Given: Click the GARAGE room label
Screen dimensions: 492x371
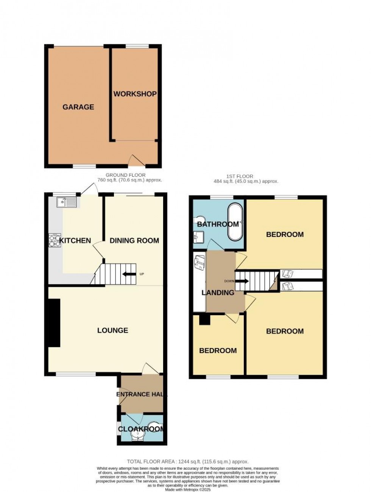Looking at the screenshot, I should (x=78, y=107).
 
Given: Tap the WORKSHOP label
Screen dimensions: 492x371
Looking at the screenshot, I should (x=135, y=94).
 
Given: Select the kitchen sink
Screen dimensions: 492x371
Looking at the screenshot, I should (x=67, y=202).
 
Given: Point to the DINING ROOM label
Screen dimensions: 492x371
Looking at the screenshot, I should (x=134, y=241).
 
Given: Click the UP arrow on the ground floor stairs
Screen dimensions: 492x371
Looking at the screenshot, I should (x=129, y=274).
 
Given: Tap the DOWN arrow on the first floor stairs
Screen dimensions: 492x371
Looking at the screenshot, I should (x=242, y=281).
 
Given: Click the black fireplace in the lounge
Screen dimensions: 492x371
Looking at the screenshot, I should (x=54, y=322).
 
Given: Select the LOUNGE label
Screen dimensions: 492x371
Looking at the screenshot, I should (x=112, y=330).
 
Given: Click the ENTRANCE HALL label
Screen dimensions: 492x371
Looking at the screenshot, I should (x=141, y=394).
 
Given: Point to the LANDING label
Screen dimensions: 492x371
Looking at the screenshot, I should (x=218, y=293).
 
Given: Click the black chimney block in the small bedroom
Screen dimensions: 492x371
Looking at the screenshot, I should (x=204, y=319).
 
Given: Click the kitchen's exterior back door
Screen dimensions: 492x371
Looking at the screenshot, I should (x=89, y=189).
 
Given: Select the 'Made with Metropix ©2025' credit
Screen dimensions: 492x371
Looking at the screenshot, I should (x=187, y=490).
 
